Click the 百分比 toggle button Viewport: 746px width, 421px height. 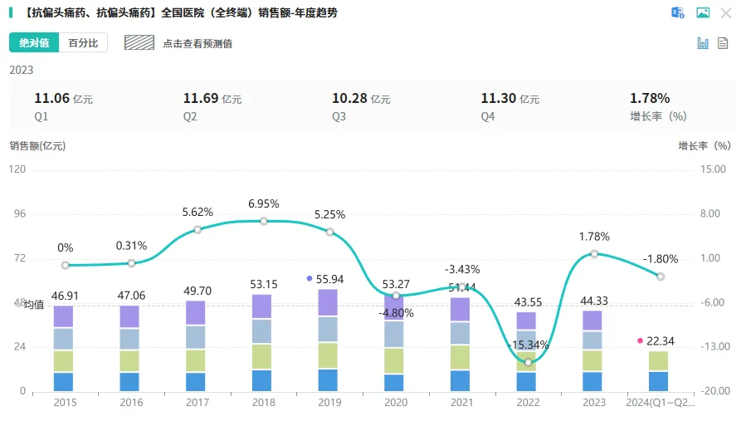[83, 43]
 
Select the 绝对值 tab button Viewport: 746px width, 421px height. [34, 43]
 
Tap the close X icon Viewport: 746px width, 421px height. [726, 12]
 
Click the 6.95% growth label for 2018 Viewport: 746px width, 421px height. [264, 203]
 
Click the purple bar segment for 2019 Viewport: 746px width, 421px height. [329, 302]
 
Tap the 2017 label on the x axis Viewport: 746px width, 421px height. [197, 403]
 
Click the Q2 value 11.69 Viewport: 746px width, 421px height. [201, 99]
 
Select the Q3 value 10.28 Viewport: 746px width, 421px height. [349, 99]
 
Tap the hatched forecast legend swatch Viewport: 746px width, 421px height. [139, 43]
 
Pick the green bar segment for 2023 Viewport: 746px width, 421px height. [592, 360]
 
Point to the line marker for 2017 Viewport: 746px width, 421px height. [197, 229]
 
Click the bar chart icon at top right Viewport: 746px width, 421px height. [703, 43]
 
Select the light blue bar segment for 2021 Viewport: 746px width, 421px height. [461, 332]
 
